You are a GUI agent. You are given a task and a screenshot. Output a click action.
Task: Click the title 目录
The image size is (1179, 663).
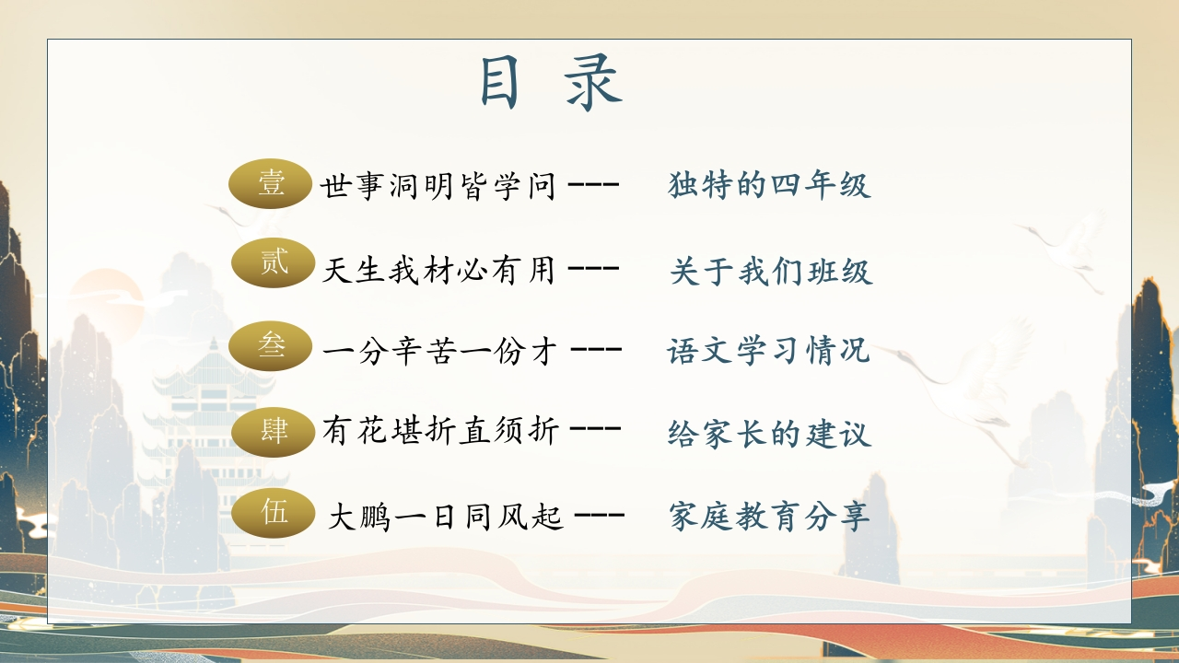pos(551,84)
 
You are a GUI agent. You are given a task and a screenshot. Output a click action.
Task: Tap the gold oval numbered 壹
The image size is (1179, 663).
pos(271,183)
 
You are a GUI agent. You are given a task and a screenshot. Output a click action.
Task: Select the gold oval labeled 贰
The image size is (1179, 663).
pos(274,262)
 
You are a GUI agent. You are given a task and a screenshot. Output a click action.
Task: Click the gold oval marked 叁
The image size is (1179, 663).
pos(271,346)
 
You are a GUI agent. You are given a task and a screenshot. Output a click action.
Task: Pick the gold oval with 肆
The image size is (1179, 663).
pos(274,432)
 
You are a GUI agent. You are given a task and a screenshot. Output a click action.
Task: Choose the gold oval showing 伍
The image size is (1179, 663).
pos(274,513)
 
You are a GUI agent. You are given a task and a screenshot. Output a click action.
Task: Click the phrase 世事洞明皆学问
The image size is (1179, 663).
pos(438,186)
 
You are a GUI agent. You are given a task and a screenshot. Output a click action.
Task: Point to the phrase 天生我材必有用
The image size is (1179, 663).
pos(438,271)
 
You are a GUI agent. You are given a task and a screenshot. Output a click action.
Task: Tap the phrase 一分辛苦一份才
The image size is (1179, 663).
pos(440,351)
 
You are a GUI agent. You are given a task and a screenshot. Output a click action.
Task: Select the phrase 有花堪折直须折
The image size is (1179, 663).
pos(440,431)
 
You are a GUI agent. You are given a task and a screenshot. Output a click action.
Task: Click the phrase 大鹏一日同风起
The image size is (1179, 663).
pos(445,517)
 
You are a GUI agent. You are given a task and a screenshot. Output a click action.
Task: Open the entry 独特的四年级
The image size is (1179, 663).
pos(769,185)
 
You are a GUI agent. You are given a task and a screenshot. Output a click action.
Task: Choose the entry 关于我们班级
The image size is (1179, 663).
pos(771,272)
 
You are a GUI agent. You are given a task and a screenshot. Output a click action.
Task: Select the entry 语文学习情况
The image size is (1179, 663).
pos(768,351)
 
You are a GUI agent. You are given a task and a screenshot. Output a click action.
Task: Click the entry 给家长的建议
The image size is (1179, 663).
pos(769,433)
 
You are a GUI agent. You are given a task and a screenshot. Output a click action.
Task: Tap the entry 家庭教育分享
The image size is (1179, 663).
pos(769,517)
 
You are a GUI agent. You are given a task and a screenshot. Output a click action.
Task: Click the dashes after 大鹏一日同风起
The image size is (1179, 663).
pos(599,515)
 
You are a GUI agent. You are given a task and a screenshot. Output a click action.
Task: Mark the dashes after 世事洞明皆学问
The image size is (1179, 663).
pos(593,185)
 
